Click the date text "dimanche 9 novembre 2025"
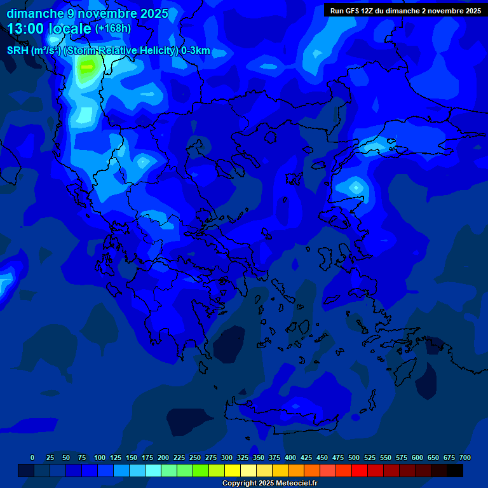click(87, 13)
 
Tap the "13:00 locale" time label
click(49, 29)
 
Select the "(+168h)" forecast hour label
click(113, 29)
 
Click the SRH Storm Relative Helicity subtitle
click(108, 51)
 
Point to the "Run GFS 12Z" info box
click(405, 11)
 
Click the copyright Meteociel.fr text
click(269, 484)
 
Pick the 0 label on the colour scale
click(32, 457)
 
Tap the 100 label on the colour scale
click(100, 457)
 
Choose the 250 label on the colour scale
click(195, 457)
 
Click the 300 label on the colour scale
click(227, 457)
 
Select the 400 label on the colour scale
click(290, 457)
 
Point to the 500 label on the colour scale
click(354, 457)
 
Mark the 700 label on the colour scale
click(465, 457)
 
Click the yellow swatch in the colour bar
click(233, 471)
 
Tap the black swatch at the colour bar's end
click(455, 471)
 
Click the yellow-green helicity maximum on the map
click(87, 66)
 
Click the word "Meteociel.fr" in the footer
click(296, 484)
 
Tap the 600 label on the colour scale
click(417, 457)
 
